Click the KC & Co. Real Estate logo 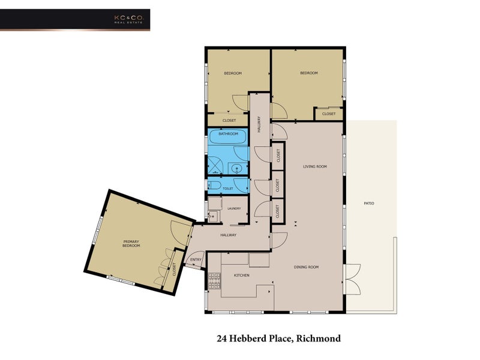click(128, 19)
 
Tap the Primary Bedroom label click(131, 244)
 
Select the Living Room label click(315, 167)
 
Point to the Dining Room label click(306, 267)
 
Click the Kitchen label click(242, 275)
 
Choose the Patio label click(369, 203)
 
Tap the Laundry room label click(234, 208)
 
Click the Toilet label click(228, 188)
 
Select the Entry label click(196, 260)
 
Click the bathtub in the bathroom click(228, 136)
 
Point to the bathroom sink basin click(236, 169)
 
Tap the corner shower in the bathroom click(217, 166)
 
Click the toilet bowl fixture click(215, 185)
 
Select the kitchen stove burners click(214, 281)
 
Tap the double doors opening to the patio click(353, 279)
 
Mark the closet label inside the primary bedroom click(174, 269)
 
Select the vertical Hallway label click(259, 124)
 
